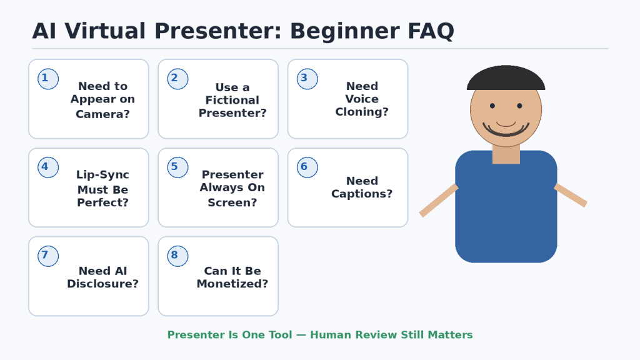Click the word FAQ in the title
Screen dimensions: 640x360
431,31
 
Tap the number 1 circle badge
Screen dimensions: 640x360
48,79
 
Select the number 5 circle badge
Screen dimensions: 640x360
177,167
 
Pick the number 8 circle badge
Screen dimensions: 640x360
177,256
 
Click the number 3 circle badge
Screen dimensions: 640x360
307,79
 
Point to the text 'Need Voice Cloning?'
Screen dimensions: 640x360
362,99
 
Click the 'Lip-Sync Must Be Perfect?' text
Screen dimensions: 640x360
103,188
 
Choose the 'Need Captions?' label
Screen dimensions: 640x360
362,187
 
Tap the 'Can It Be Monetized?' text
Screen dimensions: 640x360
232,277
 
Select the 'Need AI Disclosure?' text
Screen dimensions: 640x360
103,277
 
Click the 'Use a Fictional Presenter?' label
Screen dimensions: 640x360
232,100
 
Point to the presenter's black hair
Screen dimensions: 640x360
506,77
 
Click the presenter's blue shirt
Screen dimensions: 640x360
506,212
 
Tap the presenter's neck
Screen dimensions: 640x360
506,154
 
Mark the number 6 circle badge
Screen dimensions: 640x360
307,167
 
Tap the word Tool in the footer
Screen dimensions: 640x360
279,335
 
